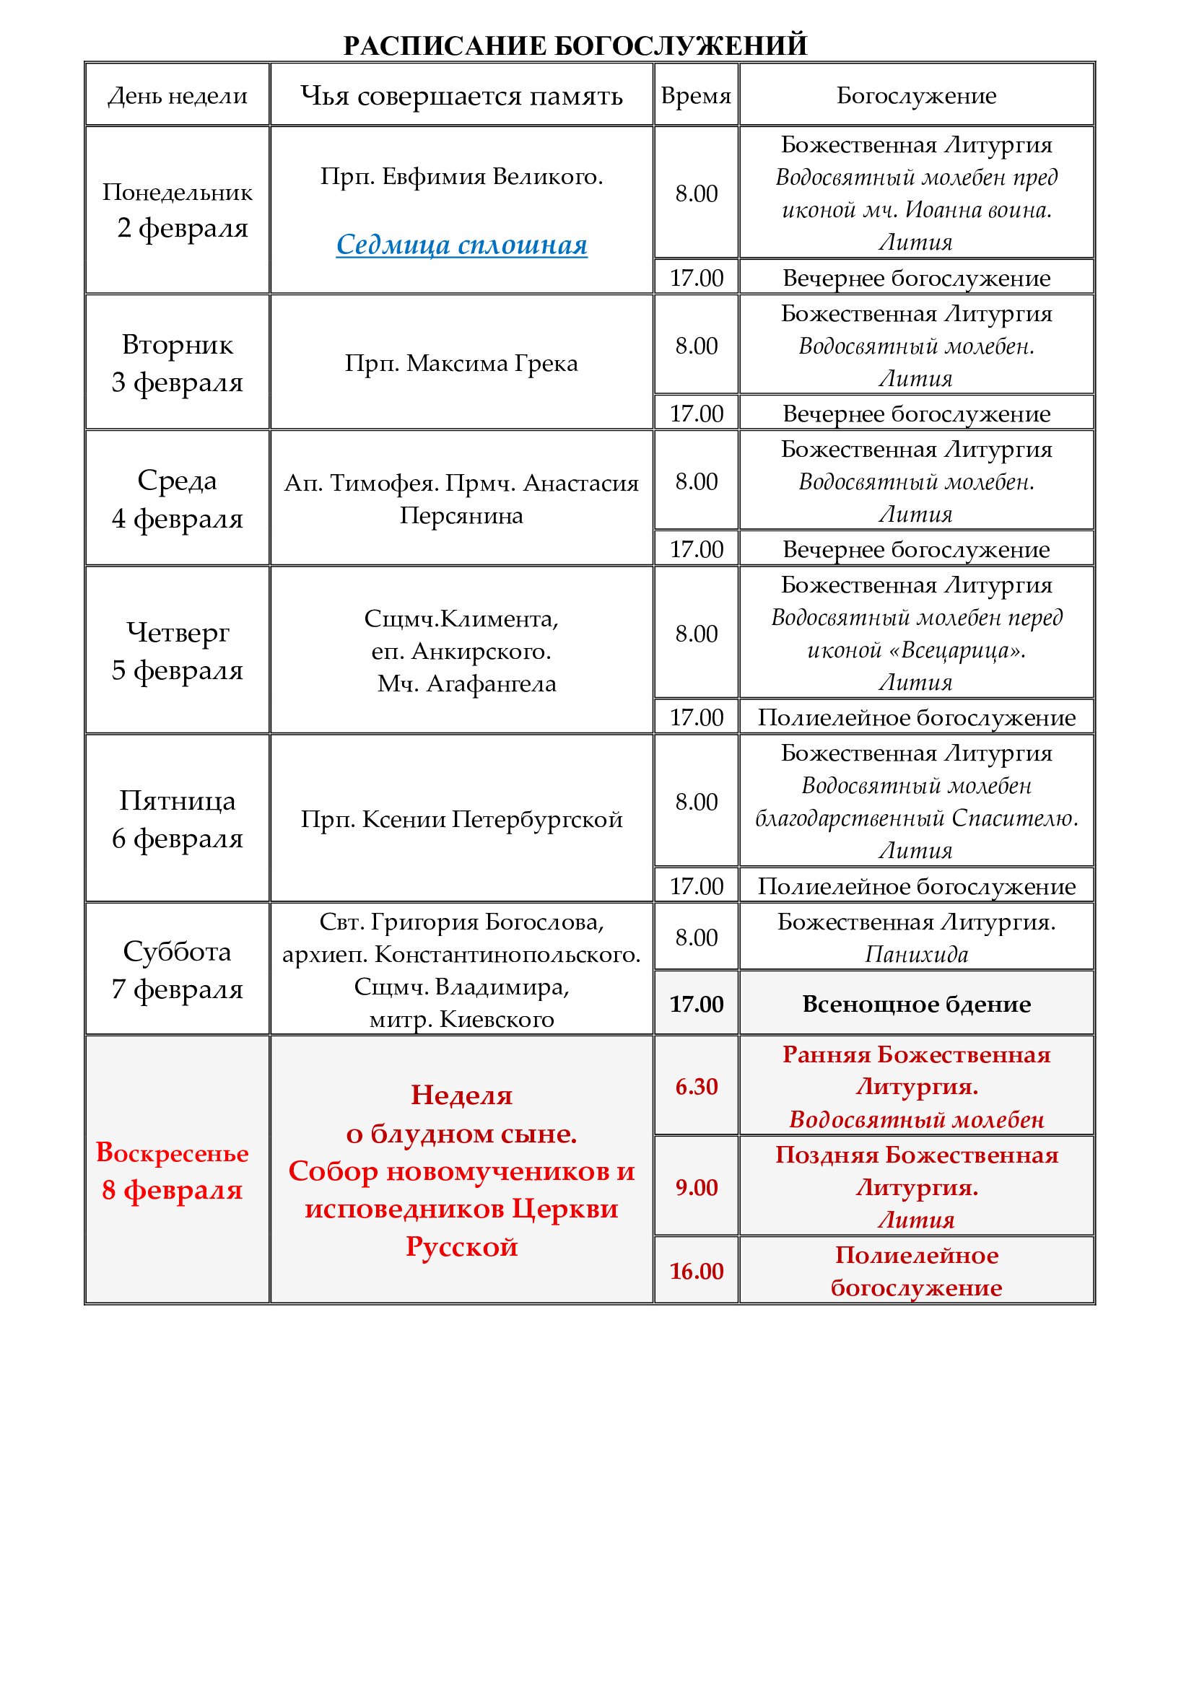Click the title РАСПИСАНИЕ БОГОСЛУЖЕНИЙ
(x=575, y=45)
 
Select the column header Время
(x=695, y=95)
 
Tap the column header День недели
(x=177, y=95)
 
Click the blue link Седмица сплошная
(x=462, y=245)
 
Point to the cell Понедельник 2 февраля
(x=177, y=210)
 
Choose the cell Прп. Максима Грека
(x=462, y=363)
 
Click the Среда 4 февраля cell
(x=177, y=499)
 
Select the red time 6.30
(x=695, y=1087)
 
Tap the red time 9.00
(x=695, y=1187)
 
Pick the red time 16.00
(x=695, y=1271)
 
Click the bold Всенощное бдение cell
(x=916, y=1005)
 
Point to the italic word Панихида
(x=916, y=954)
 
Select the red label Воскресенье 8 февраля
(x=173, y=1171)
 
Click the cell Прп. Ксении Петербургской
(x=462, y=819)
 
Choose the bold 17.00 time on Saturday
(x=695, y=1005)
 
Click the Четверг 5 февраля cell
(x=177, y=651)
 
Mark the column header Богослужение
(x=916, y=95)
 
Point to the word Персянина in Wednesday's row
(x=462, y=516)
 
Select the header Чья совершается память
(x=462, y=95)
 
